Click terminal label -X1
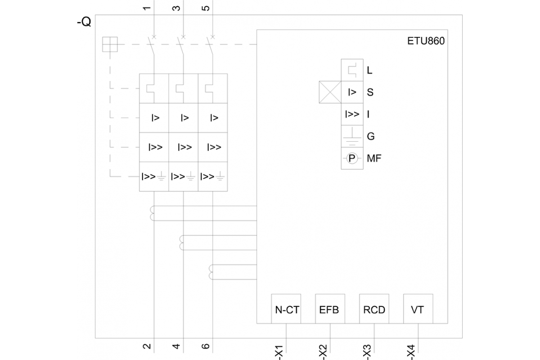(279, 351)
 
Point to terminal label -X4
(411, 351)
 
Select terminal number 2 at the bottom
(147, 346)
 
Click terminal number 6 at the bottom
(206, 346)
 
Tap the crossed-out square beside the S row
(330, 92)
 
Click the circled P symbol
(352, 158)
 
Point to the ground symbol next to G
(352, 136)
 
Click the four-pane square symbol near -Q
(110, 44)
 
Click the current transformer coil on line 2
(153, 213)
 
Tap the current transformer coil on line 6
(211, 272)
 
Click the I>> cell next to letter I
(352, 114)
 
